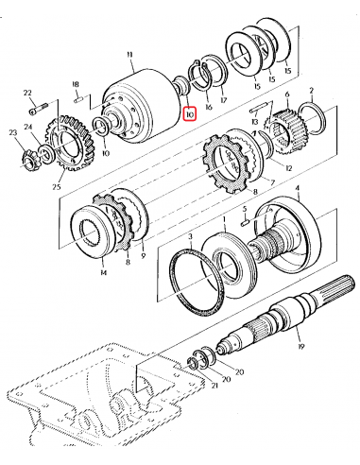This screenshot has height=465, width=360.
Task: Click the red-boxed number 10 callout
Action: [x=190, y=114]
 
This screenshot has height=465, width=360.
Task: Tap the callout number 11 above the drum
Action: [x=129, y=55]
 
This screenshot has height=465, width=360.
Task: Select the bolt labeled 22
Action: [x=38, y=108]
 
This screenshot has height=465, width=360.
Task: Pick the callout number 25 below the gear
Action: [x=57, y=187]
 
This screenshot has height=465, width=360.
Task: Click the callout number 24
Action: [x=28, y=127]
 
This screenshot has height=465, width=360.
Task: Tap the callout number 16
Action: [x=209, y=107]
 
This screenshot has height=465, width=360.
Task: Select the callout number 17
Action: [x=224, y=100]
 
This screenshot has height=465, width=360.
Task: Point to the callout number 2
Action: [x=311, y=91]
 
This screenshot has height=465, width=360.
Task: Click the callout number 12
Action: [x=288, y=168]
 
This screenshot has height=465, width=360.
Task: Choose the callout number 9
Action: [x=144, y=255]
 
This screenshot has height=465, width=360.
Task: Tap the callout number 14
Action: [x=103, y=272]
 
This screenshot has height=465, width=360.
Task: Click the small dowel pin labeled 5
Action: [x=247, y=221]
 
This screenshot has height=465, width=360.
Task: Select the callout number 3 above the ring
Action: [x=190, y=236]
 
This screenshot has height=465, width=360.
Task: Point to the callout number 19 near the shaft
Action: [x=300, y=347]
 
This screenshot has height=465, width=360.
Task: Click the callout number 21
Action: [x=214, y=386]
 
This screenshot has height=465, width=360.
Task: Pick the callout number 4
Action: [x=297, y=189]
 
